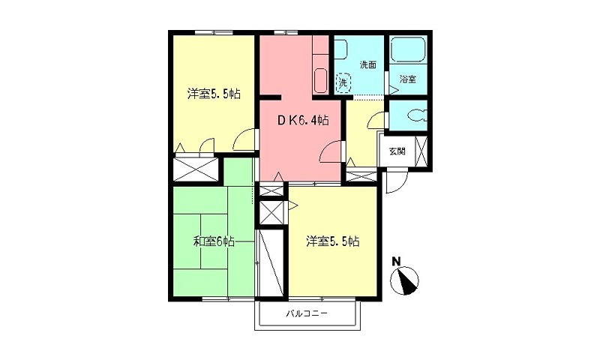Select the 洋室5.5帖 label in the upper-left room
coord(214,94)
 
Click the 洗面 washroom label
coord(367,64)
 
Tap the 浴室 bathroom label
coord(407,79)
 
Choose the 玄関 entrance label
coord(397,151)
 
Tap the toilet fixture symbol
coord(414,116)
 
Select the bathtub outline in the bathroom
coord(408,52)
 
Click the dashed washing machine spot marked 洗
coord(343,80)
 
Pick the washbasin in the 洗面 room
coord(340,49)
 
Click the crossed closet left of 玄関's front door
coord(359,176)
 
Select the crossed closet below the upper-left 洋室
coord(196,167)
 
